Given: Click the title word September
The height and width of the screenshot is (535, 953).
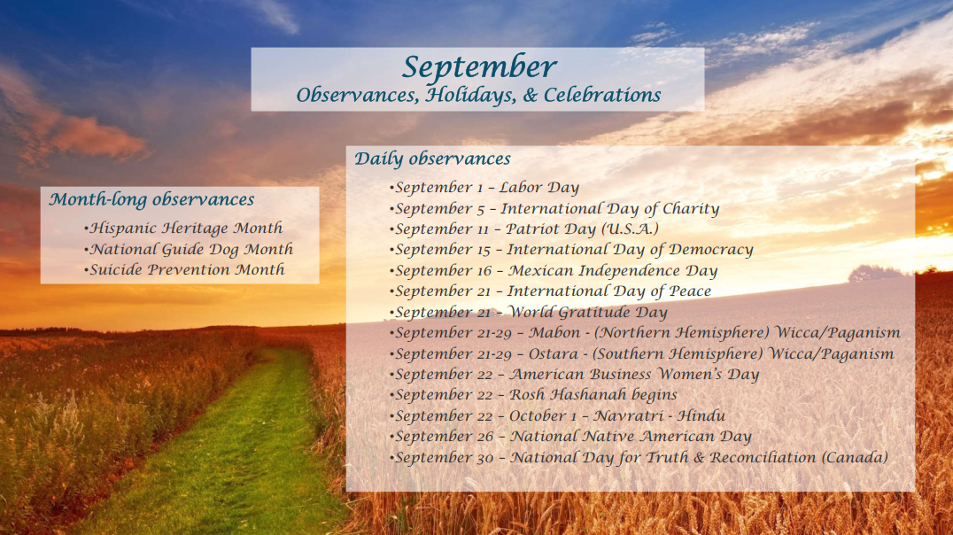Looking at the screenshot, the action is click(479, 67).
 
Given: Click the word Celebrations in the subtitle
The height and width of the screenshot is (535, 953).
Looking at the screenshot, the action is click(601, 95).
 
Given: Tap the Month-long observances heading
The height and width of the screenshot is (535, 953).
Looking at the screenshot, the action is click(151, 199).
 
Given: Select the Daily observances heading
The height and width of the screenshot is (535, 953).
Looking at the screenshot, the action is click(432, 159).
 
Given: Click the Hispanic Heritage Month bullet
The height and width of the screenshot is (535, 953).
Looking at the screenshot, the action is click(183, 229).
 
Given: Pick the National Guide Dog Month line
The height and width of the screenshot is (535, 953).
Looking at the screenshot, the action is click(189, 249).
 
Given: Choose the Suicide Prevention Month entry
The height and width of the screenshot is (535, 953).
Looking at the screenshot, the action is click(184, 270).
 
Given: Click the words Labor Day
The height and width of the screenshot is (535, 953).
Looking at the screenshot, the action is click(539, 188).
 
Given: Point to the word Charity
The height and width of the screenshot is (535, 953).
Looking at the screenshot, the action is click(691, 208).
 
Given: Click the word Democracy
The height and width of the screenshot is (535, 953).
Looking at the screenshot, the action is click(710, 250).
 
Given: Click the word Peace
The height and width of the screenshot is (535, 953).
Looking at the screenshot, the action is click(690, 291).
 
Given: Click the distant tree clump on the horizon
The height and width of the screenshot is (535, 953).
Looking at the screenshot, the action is click(875, 273).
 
